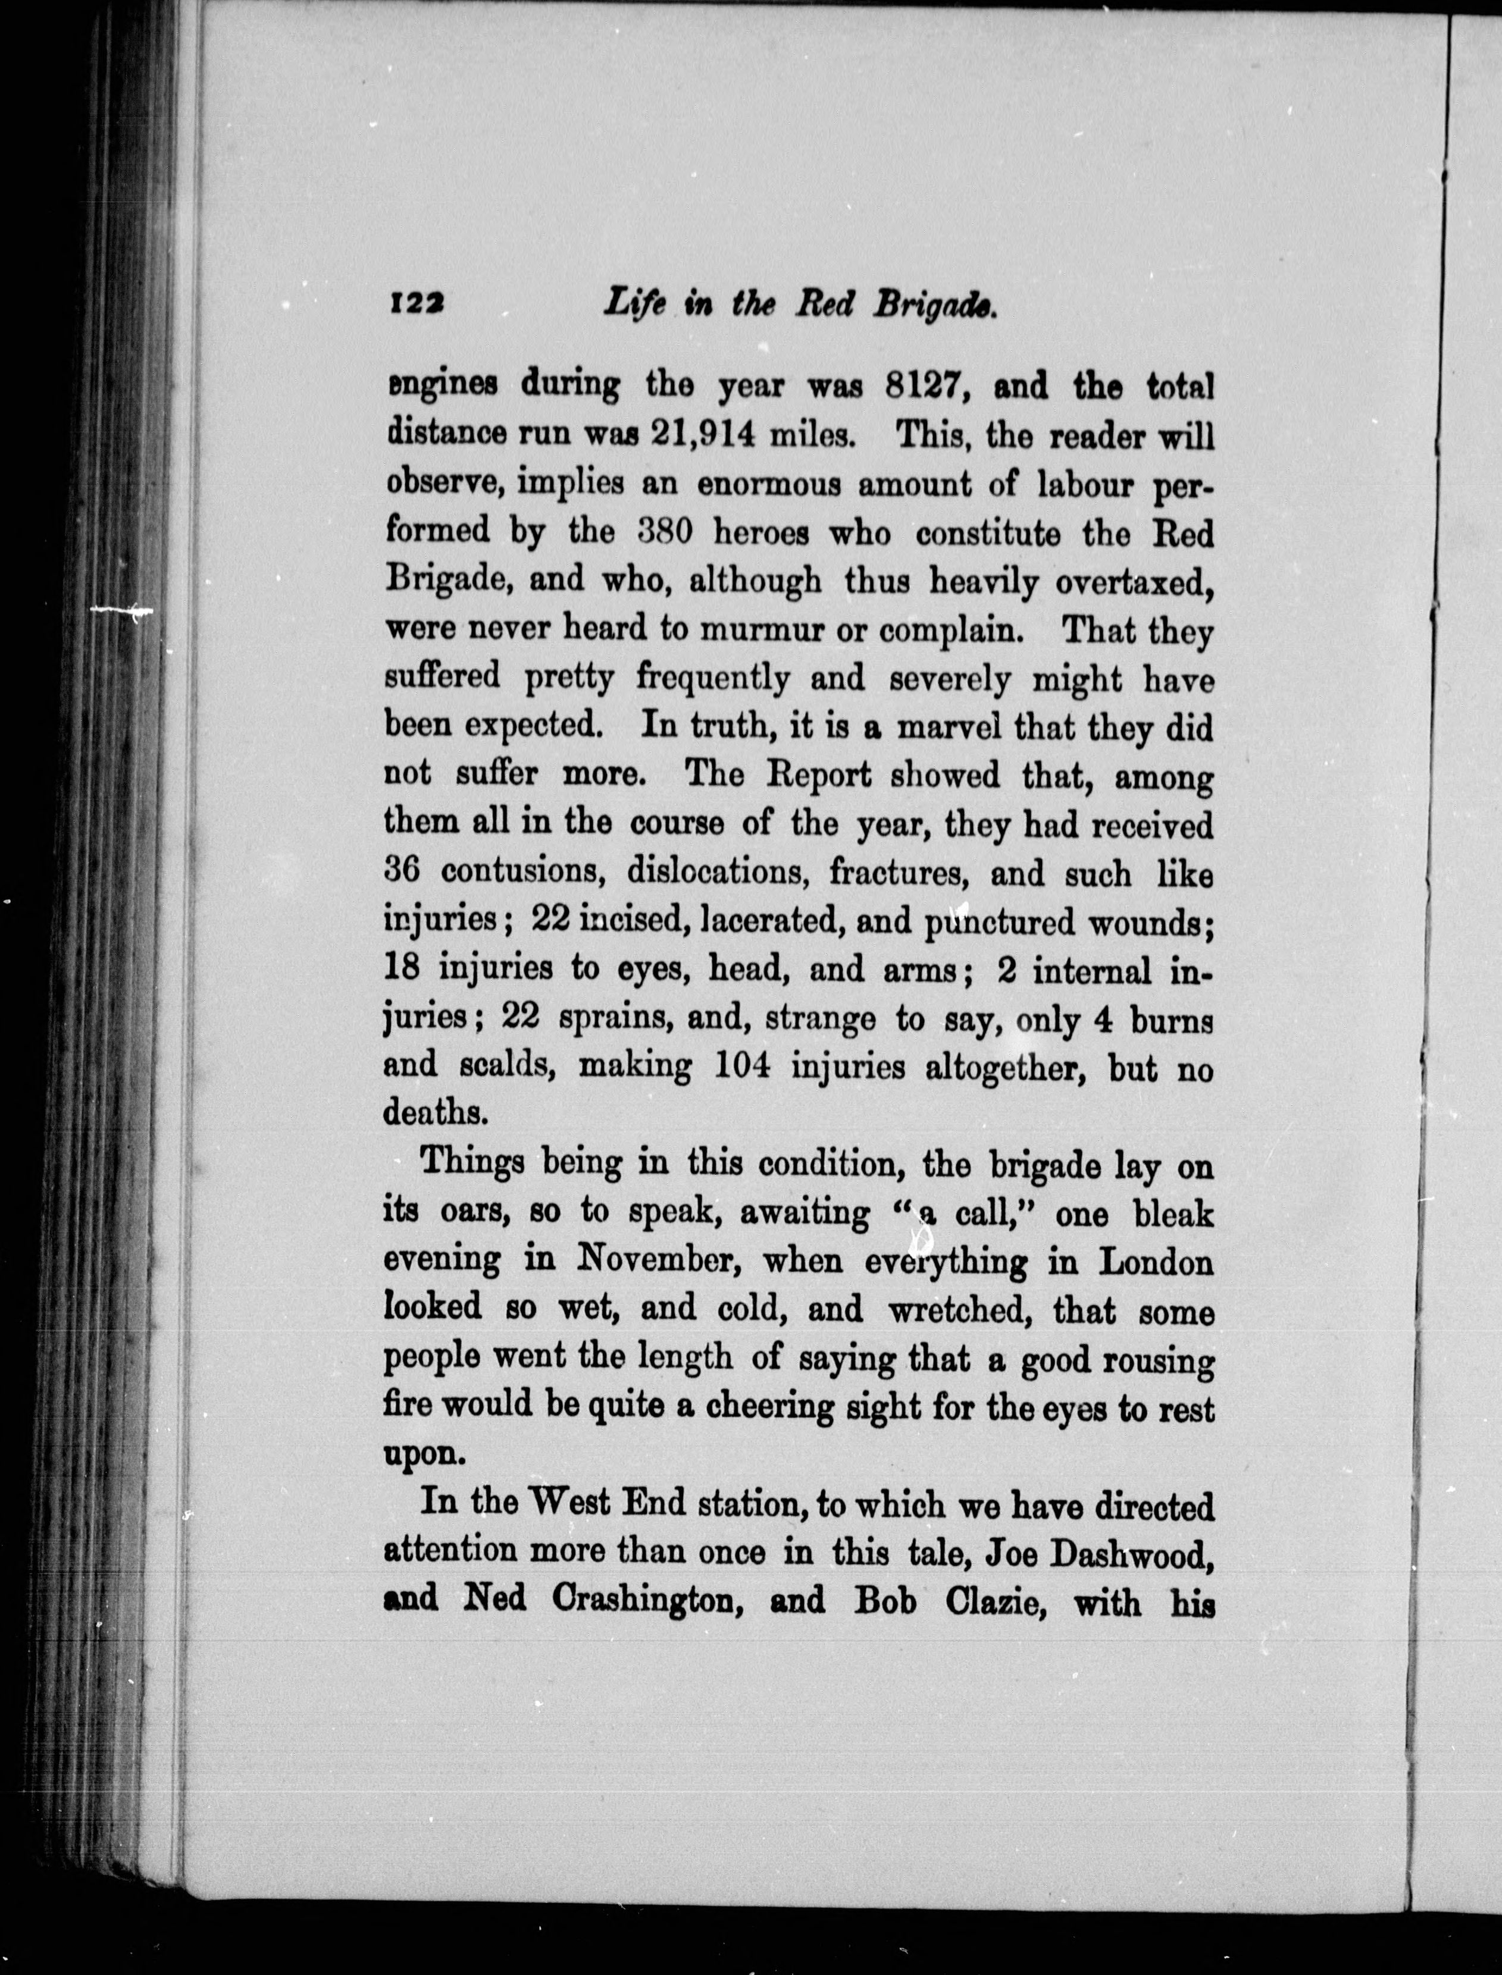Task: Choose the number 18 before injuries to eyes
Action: [x=402, y=968]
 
